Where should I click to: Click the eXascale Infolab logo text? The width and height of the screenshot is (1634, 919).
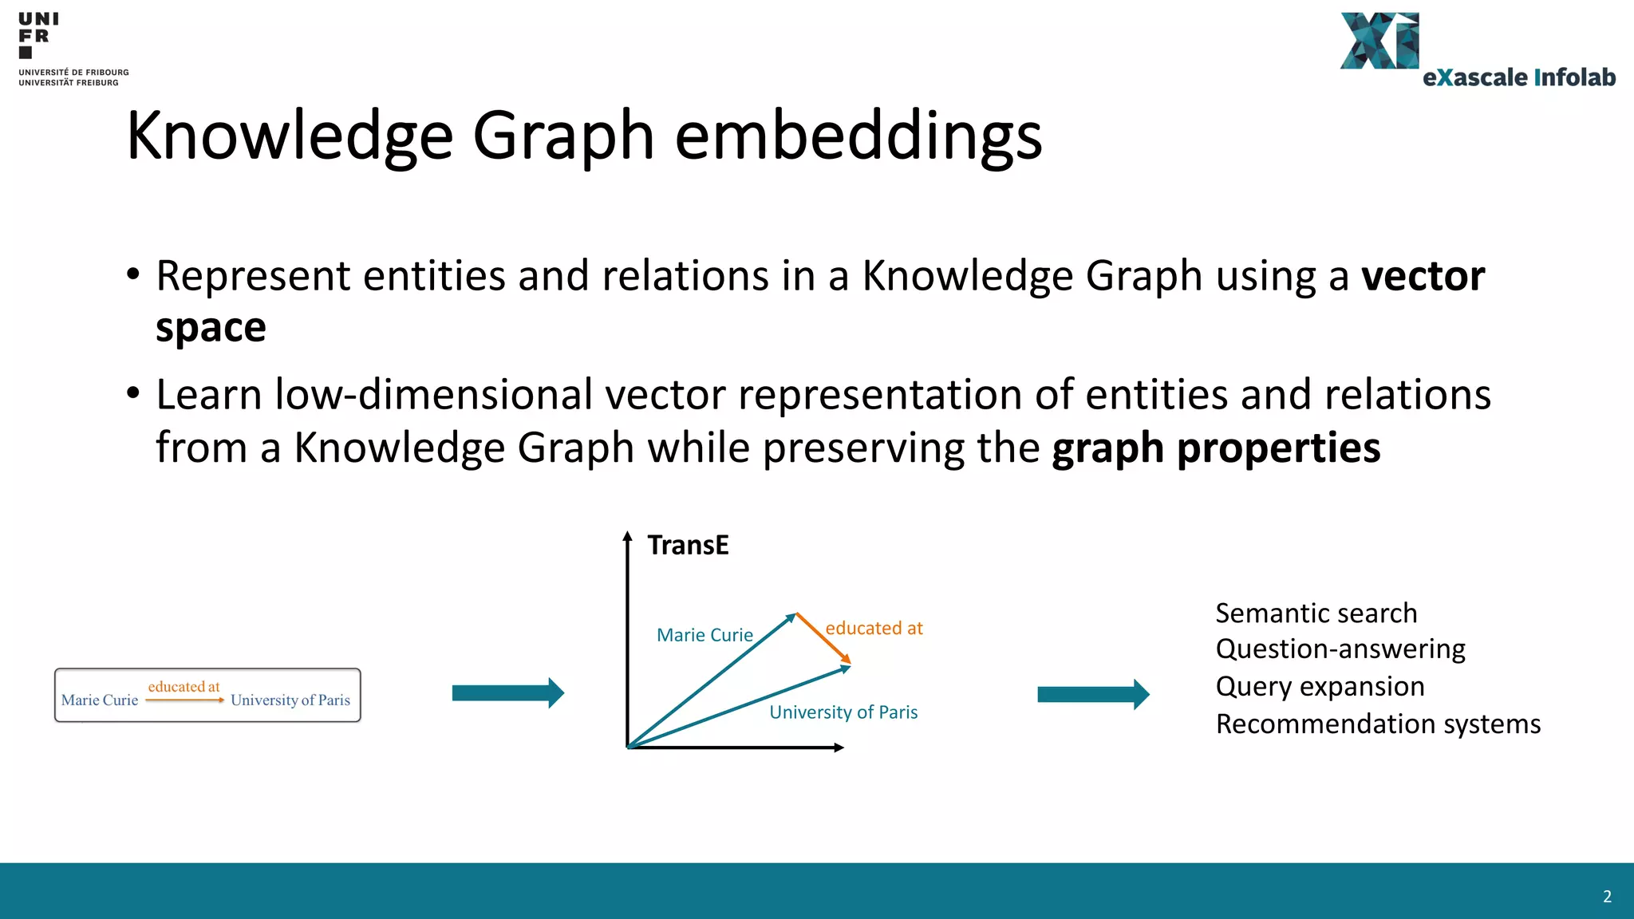[1518, 77]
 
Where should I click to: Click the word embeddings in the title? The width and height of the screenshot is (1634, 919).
[858, 136]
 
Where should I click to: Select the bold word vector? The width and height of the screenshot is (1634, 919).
[1423, 276]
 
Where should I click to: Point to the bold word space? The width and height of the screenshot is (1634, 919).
[211, 328]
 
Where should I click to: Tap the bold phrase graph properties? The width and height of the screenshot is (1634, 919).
[1216, 448]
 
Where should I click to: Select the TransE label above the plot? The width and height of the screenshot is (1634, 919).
[688, 546]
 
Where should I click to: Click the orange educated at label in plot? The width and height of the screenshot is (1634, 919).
[874, 629]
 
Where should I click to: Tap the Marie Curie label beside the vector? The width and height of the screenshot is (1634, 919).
[705, 635]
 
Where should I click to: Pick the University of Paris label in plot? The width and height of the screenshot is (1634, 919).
[843, 712]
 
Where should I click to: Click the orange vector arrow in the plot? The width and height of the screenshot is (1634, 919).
[823, 638]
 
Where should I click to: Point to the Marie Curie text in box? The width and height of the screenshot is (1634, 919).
[100, 700]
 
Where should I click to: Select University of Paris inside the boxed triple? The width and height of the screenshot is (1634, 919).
[290, 700]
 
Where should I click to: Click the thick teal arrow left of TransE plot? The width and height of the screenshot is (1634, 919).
[507, 693]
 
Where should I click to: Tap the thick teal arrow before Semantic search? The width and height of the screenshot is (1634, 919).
[1092, 695]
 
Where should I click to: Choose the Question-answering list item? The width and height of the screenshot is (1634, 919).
[1340, 649]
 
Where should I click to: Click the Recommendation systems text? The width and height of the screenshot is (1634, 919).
[1378, 724]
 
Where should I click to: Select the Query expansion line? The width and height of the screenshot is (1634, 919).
[1320, 687]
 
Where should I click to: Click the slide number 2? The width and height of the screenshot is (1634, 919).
[1607, 897]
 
